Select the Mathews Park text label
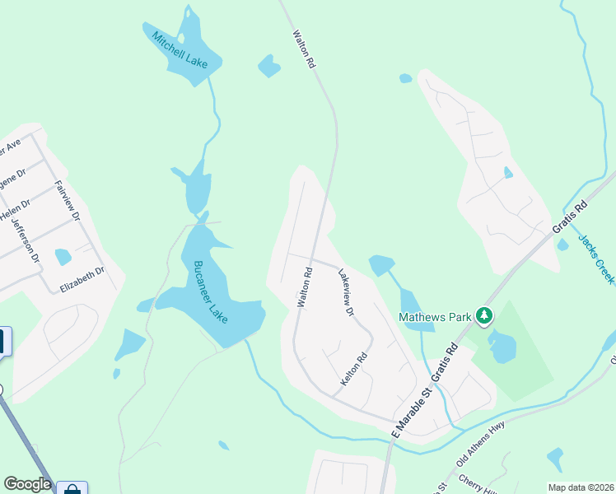click(x=436, y=315)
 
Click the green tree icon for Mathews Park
click(x=485, y=315)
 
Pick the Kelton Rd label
click(x=354, y=372)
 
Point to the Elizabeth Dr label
click(x=82, y=279)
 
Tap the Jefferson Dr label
click(x=26, y=239)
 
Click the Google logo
click(x=27, y=484)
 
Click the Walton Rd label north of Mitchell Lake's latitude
click(x=303, y=49)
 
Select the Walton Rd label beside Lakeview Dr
click(x=304, y=287)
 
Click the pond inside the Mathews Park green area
click(x=501, y=347)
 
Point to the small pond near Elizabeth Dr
click(x=63, y=257)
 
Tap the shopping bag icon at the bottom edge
click(x=72, y=489)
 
